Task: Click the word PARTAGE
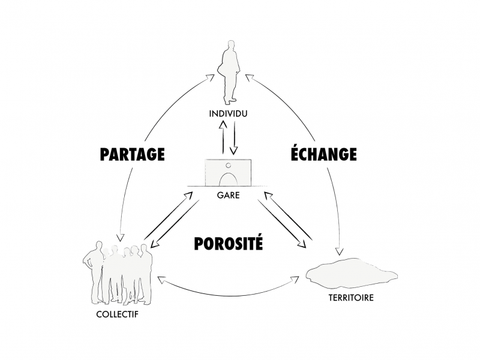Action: pyautogui.click(x=132, y=154)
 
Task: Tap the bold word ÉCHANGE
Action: pyautogui.click(x=323, y=154)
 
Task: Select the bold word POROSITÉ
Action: pyautogui.click(x=229, y=243)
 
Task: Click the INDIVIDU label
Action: pyautogui.click(x=228, y=113)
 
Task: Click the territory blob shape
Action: pyautogui.click(x=351, y=274)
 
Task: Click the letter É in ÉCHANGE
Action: pyautogui.click(x=296, y=154)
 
